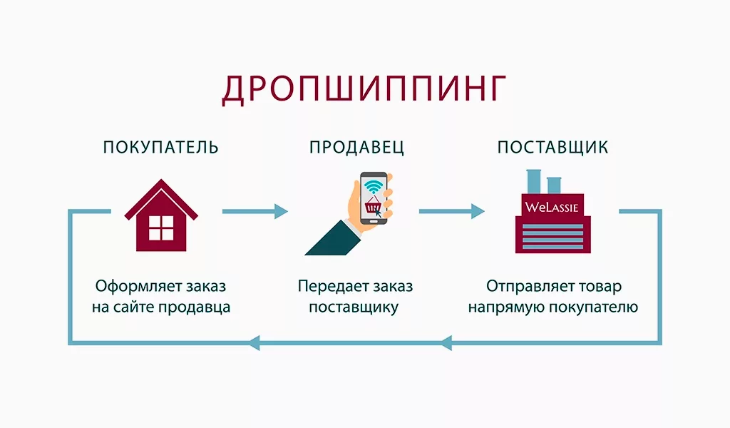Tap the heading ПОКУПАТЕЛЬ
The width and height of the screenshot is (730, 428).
(x=160, y=148)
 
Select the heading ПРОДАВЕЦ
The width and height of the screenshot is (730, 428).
(x=357, y=148)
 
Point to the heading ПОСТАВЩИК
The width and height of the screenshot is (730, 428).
(x=552, y=148)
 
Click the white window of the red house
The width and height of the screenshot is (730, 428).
(x=160, y=228)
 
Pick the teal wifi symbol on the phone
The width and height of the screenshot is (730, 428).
(x=373, y=187)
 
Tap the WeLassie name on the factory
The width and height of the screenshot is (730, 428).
(x=552, y=208)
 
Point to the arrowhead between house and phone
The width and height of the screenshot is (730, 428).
(x=280, y=211)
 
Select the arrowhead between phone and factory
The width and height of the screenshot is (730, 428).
(x=477, y=211)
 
